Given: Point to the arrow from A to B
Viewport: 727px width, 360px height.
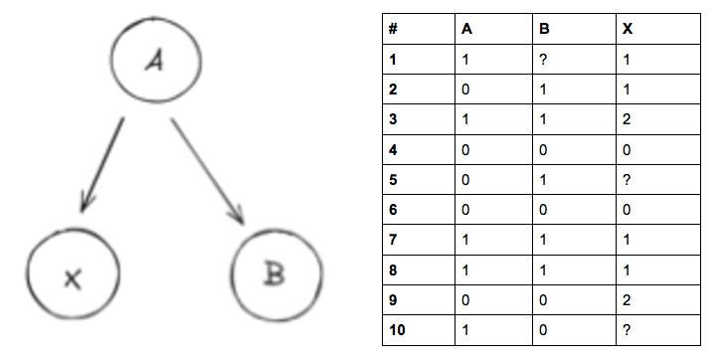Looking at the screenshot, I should pos(207,170).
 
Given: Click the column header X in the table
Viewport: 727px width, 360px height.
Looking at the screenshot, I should pos(627,29).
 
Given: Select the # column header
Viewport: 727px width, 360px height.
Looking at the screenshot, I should pos(393,29).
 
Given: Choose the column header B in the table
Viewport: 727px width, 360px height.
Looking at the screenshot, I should pos(544,29).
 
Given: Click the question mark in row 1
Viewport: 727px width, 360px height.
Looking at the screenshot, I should pos(543,60).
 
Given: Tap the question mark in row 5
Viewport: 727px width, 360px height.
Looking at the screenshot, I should pos(626,182).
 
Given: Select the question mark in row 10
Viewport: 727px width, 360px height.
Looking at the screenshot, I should pos(626,331).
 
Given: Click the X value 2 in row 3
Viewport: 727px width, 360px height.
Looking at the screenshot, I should pos(626,120).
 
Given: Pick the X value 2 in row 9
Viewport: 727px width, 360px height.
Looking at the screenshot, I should pos(626,301).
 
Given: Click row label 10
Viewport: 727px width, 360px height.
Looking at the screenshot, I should pos(396,331).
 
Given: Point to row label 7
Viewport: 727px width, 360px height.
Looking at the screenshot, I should pos(393,242).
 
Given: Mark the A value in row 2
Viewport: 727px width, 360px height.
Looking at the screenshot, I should pos(465,90).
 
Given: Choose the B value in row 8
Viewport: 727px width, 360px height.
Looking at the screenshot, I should pos(543,271).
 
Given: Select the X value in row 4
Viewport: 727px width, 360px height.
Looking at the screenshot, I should pos(626,151).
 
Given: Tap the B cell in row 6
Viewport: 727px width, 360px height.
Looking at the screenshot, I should pos(543,211).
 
